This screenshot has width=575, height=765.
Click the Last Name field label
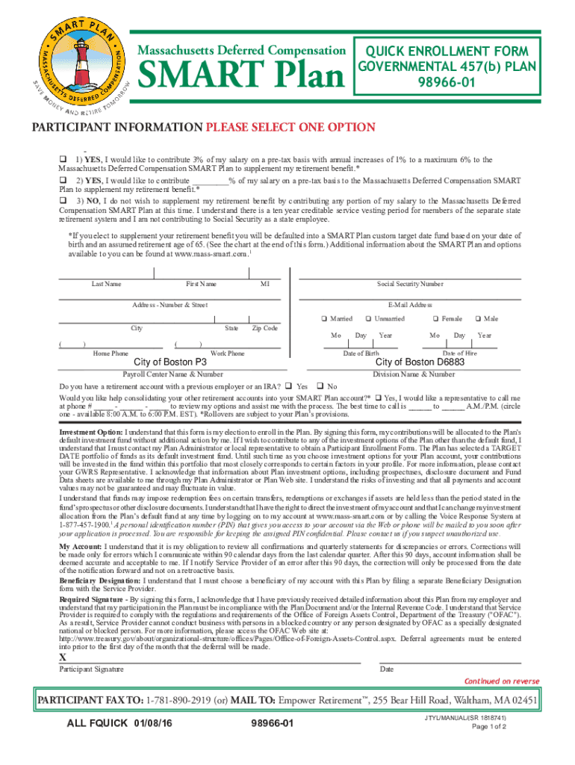(x=107, y=284)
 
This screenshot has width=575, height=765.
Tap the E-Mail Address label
(x=410, y=305)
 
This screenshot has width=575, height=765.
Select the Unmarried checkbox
(x=367, y=319)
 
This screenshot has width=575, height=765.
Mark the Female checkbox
(x=436, y=319)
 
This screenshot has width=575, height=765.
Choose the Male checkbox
(x=479, y=319)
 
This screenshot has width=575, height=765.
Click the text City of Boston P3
(x=170, y=362)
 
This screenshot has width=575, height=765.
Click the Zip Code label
(x=265, y=328)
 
